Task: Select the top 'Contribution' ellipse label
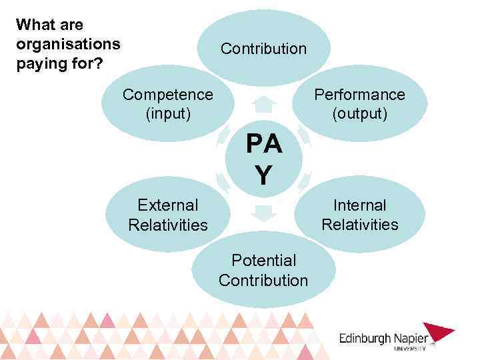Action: coord(263,49)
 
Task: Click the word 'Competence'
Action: coord(167,95)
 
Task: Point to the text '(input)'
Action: coord(168,113)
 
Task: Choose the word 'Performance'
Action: coord(359,95)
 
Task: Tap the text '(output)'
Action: coord(360,113)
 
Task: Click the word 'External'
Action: coord(167,205)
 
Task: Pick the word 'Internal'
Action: coord(360,205)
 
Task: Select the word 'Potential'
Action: coord(263,260)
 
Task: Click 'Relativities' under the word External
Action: coord(168,225)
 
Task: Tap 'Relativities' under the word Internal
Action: coord(360,225)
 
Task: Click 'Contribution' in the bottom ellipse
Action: coord(263,280)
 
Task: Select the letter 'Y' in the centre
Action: coord(264,175)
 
